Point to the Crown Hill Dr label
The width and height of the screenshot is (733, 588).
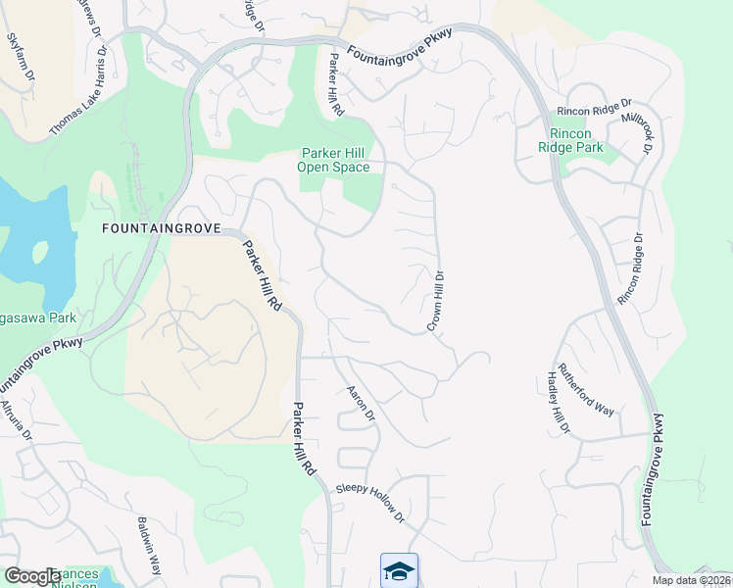point(435,301)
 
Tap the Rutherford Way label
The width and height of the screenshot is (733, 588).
point(585,390)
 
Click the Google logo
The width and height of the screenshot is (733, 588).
point(31,576)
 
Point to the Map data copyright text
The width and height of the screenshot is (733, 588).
point(692,580)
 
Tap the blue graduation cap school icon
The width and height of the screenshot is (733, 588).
point(399,570)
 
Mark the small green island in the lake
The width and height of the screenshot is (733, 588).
point(41,251)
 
